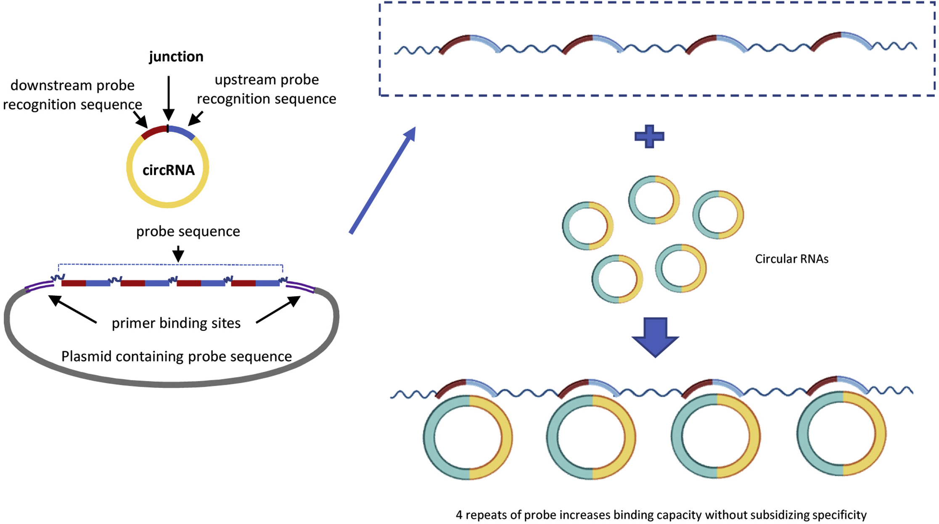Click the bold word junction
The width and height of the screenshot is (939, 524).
[x=176, y=57]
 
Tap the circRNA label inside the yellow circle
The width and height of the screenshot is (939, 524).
[x=168, y=170]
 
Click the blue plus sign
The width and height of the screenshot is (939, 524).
[x=649, y=137]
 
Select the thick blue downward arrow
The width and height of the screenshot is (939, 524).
[x=655, y=337]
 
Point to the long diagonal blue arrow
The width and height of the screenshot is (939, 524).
[x=382, y=181]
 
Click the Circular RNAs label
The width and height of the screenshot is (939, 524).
[x=791, y=259]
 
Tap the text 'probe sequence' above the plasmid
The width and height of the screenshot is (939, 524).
[x=188, y=232]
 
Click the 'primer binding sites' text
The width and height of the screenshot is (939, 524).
[x=176, y=323]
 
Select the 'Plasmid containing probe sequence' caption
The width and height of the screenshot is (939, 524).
[x=176, y=356]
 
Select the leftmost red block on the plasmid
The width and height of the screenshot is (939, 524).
[x=74, y=284]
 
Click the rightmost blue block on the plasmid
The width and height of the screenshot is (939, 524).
[x=267, y=284]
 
